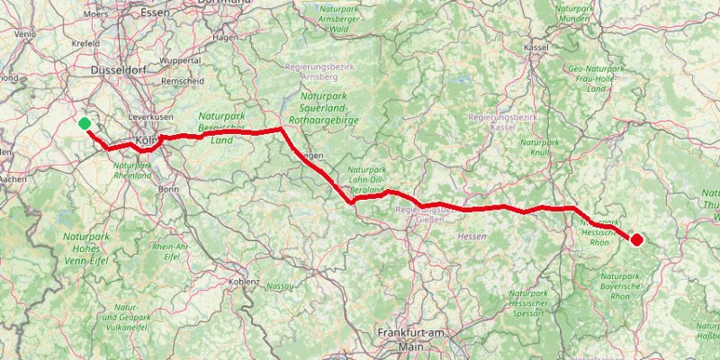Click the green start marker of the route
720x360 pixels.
[84, 123]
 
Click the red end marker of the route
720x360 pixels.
[636, 239]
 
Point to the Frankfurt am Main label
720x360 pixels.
[412, 339]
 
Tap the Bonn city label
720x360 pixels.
[168, 189]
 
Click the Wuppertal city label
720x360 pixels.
[180, 60]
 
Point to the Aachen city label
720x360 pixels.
[13, 180]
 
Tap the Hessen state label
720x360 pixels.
[472, 236]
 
